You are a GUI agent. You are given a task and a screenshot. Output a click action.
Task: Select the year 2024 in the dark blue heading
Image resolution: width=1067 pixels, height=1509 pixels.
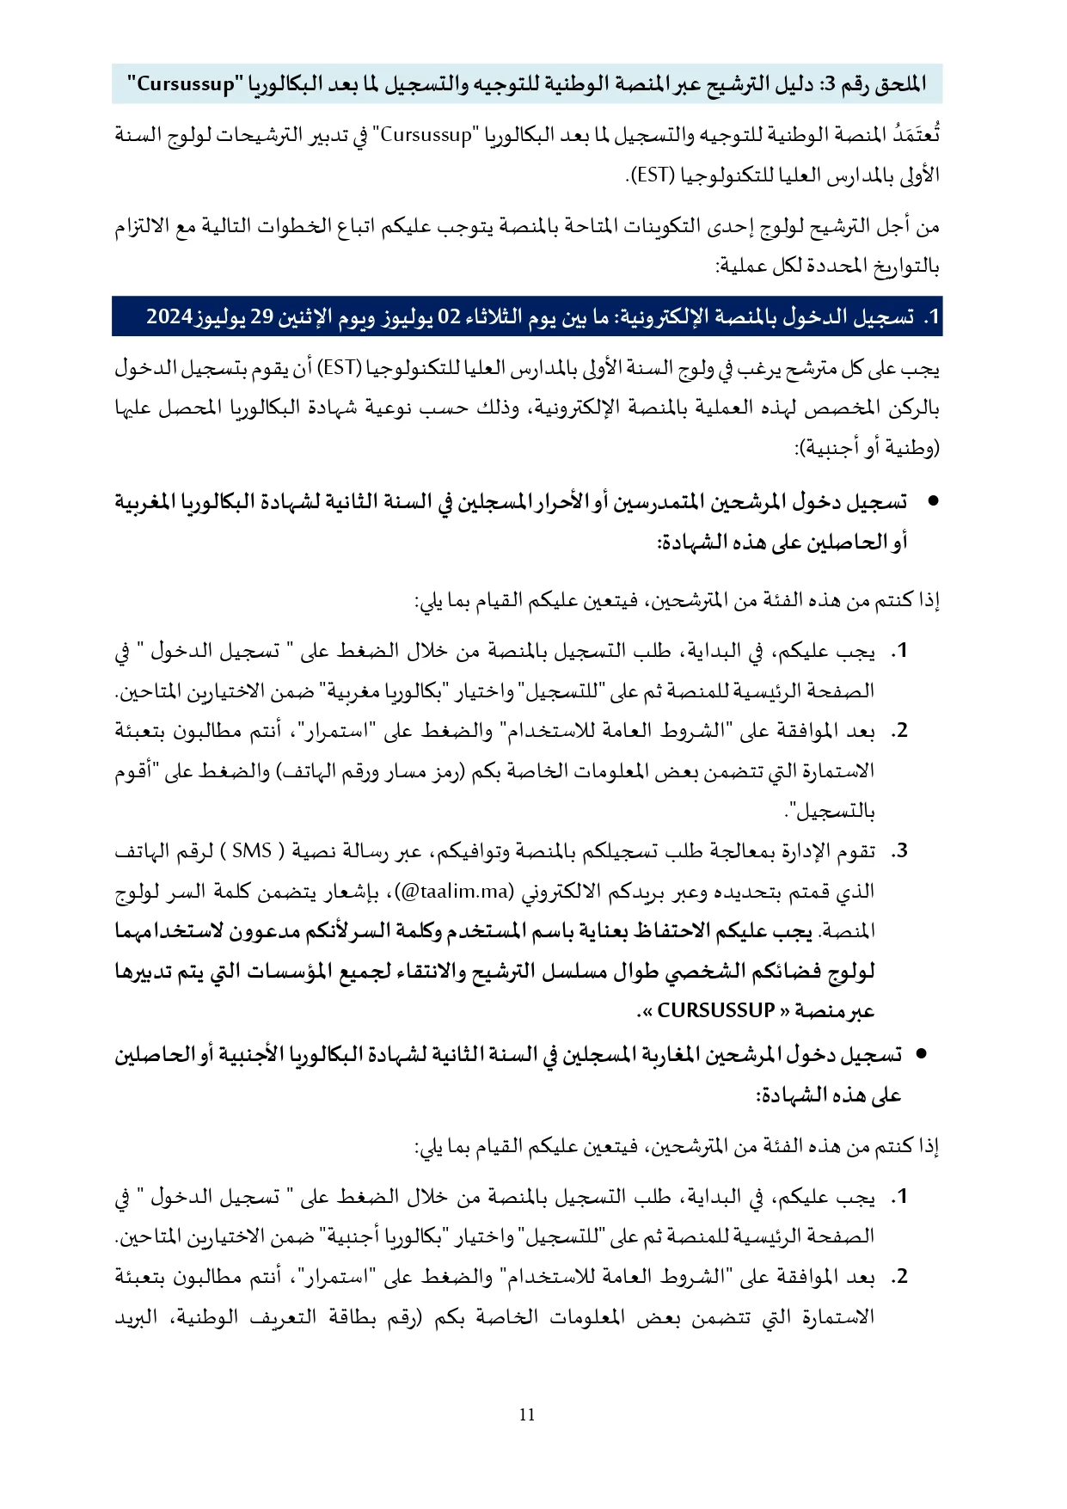click(169, 317)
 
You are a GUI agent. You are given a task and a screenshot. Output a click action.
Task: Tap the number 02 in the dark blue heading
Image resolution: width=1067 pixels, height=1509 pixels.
click(450, 317)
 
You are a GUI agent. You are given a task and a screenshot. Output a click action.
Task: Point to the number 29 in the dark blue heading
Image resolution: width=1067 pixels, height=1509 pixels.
click(261, 317)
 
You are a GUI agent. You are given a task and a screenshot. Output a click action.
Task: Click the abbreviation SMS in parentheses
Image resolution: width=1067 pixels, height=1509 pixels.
click(252, 851)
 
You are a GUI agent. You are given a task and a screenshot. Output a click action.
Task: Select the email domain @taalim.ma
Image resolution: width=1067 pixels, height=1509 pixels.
click(456, 892)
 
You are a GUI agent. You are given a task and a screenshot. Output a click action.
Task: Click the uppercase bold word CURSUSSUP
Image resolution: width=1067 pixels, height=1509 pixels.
click(715, 1011)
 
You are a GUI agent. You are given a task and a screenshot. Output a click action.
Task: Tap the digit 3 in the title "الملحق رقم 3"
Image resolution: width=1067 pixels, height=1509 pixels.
click(828, 84)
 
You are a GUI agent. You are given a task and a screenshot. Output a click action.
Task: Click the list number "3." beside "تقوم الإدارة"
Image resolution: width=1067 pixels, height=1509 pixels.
click(898, 851)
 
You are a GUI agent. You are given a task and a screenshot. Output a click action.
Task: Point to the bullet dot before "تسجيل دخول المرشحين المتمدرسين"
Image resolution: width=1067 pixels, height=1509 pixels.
click(926, 501)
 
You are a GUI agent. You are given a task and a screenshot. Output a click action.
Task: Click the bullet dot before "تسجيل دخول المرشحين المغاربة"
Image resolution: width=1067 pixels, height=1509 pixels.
click(922, 1054)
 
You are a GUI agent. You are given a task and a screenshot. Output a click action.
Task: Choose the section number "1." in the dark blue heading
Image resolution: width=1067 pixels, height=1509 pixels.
click(930, 317)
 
